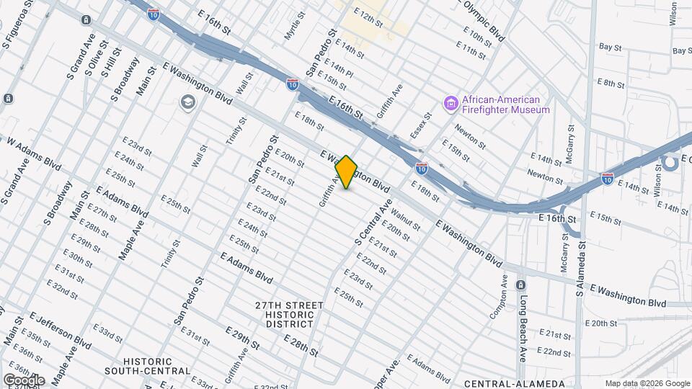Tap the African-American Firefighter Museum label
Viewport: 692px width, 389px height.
(497, 104)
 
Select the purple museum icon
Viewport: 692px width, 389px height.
(451, 104)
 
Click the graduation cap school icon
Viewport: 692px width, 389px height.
(188, 103)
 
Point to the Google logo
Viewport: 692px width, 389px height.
(23, 380)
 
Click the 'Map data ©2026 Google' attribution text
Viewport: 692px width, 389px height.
(647, 383)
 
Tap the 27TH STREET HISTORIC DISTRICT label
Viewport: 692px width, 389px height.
(289, 315)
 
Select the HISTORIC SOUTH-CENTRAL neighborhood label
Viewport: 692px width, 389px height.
(157, 366)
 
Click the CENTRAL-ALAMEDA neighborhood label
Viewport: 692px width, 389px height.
(514, 383)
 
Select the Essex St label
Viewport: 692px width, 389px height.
(420, 125)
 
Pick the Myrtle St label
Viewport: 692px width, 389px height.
(291, 25)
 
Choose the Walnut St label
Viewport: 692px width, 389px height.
(405, 216)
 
